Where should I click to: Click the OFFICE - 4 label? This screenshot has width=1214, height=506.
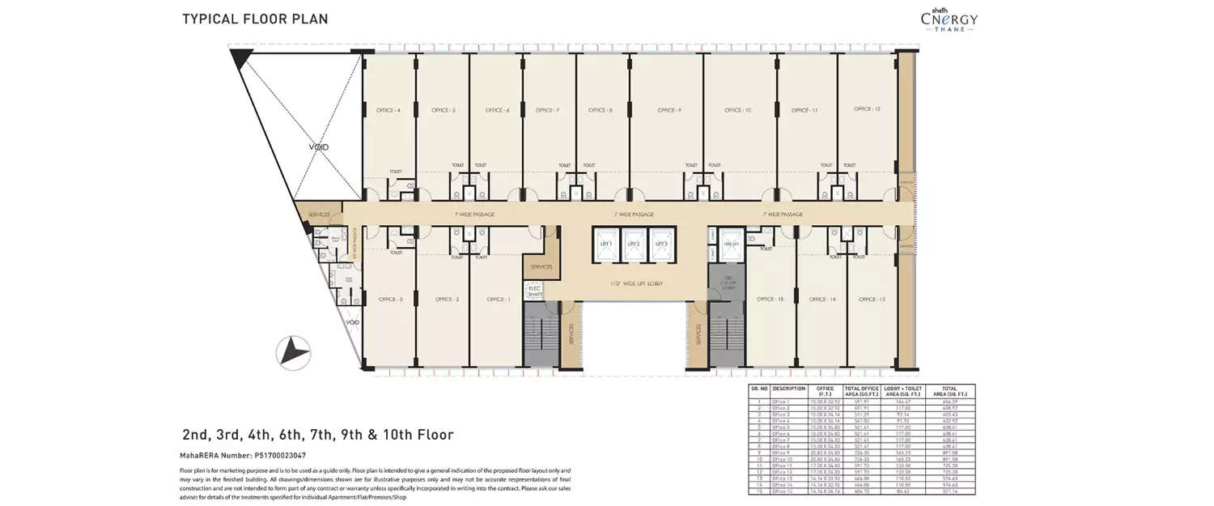pos(388,110)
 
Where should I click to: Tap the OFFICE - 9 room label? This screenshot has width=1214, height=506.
pos(669,110)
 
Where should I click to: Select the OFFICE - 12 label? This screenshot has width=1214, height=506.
pos(866,109)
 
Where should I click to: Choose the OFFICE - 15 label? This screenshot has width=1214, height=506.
pos(770,300)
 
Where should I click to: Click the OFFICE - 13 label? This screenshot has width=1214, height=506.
pos(872,300)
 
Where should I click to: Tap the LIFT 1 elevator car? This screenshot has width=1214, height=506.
pos(606,244)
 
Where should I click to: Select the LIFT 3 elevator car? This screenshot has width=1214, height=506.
pos(661,244)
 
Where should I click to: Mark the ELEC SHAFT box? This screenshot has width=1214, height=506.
pos(534,291)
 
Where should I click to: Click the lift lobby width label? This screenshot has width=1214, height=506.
pos(633,284)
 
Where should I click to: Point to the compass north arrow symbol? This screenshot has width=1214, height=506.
pos(294,352)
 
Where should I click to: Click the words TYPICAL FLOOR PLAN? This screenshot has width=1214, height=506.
pos(255,19)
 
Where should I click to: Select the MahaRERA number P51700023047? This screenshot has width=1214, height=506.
pos(242,456)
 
